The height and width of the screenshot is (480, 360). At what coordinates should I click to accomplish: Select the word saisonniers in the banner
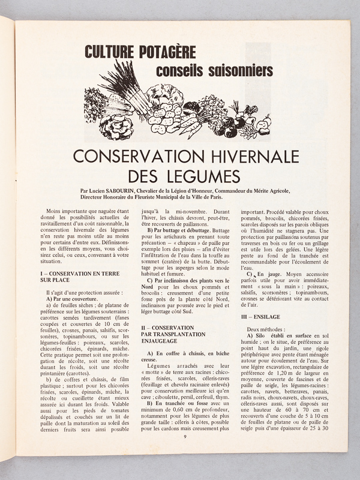click(241, 71)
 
